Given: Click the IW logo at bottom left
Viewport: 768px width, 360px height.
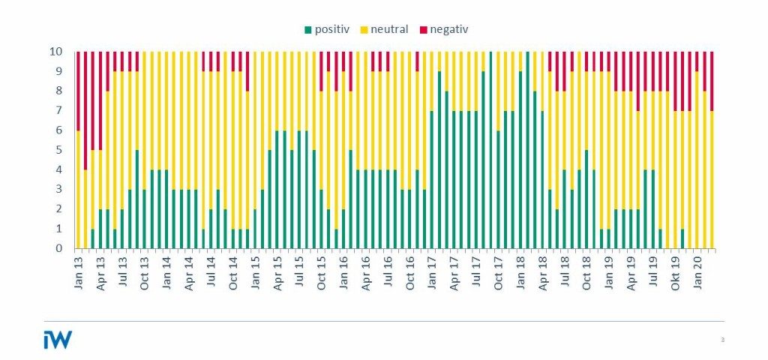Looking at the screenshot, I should [58, 340].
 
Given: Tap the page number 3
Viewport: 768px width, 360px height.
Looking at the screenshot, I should [722, 340].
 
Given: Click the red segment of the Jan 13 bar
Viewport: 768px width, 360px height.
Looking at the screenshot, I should [78, 91].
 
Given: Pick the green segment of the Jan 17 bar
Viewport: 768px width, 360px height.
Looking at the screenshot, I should [432, 179].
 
